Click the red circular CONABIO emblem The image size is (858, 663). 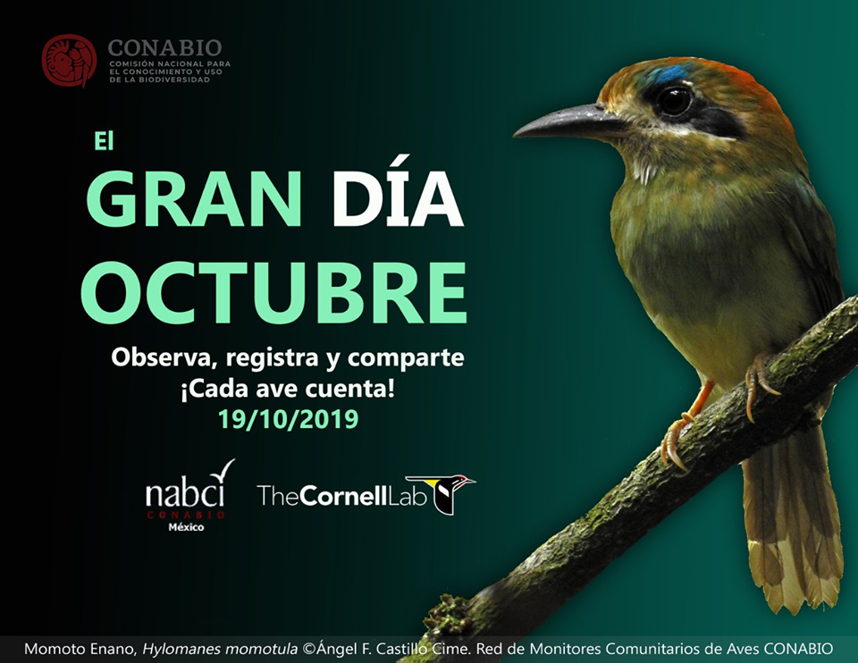pyautogui.click(x=69, y=61)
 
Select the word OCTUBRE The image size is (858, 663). pyautogui.click(x=273, y=292)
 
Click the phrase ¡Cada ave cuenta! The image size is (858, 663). pyautogui.click(x=287, y=389)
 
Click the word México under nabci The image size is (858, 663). pyautogui.click(x=186, y=527)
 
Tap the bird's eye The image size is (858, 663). pyautogui.click(x=675, y=100)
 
